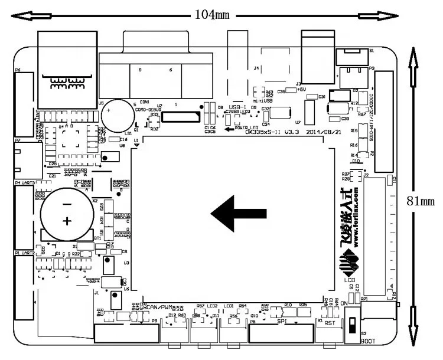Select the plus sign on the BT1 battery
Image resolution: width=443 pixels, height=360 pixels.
tap(68, 221)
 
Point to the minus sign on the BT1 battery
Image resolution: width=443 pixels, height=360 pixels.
tap(67, 204)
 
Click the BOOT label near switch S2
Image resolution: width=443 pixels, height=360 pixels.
tap(367, 341)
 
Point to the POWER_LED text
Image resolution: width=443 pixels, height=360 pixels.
tap(246, 127)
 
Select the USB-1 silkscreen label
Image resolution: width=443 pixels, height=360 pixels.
tap(237, 99)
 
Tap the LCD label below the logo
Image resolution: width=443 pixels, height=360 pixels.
tap(350, 282)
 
